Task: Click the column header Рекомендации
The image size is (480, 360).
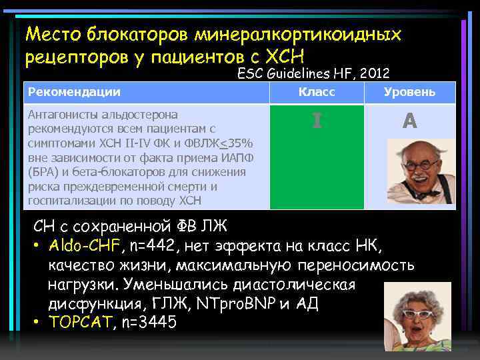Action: [x=73, y=92]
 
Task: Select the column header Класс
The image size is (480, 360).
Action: [x=317, y=92]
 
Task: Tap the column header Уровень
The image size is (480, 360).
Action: [x=410, y=92]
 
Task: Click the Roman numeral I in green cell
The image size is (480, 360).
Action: [x=317, y=121]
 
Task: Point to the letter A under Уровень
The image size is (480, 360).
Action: [x=409, y=121]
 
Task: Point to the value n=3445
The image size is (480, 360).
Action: [x=149, y=323]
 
